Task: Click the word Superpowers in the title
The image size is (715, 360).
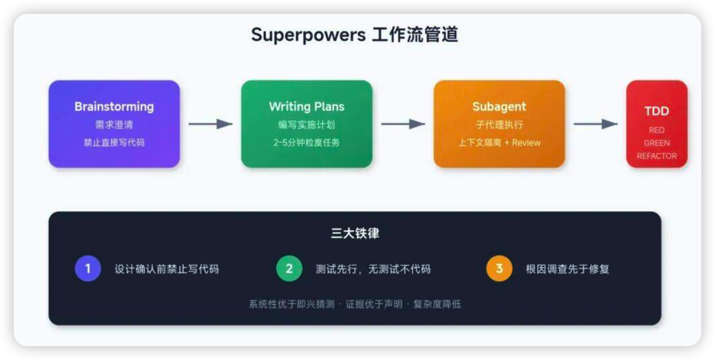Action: click(x=308, y=35)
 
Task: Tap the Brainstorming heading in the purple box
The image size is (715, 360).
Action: click(x=114, y=106)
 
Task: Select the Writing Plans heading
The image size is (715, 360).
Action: click(x=306, y=106)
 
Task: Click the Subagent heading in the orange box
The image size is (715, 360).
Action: click(x=499, y=106)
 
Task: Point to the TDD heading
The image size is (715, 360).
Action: click(x=657, y=111)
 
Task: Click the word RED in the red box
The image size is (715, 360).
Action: click(x=657, y=130)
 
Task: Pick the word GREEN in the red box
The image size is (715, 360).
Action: click(x=657, y=143)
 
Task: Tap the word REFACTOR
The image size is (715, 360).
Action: click(x=657, y=156)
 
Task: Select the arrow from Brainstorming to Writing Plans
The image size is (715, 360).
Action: click(x=210, y=124)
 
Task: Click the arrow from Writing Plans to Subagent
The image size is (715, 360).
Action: click(x=403, y=124)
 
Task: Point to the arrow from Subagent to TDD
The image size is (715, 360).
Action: click(x=595, y=124)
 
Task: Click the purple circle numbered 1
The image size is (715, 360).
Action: click(x=88, y=268)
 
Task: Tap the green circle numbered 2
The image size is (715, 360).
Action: click(x=289, y=268)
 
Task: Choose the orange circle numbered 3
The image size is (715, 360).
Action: click(x=499, y=268)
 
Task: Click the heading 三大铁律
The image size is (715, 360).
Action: click(x=355, y=233)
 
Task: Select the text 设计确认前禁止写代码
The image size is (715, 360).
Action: click(x=167, y=269)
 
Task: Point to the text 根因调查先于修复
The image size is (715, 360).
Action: click(x=567, y=269)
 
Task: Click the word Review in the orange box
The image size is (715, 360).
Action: click(x=526, y=143)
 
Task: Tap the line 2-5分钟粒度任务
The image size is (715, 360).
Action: click(x=306, y=143)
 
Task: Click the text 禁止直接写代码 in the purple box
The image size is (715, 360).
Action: click(x=114, y=143)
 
